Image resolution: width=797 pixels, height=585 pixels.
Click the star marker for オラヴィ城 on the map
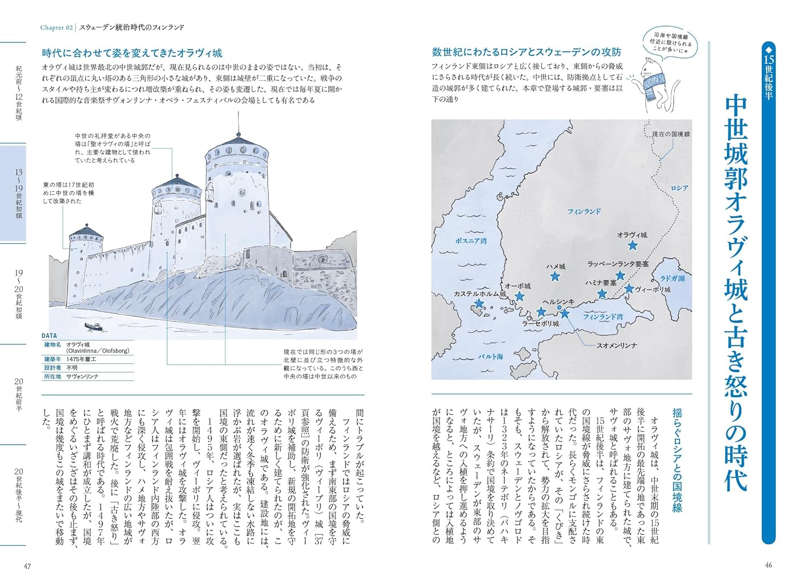pos(632,245)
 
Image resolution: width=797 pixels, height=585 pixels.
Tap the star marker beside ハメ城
pos(555,276)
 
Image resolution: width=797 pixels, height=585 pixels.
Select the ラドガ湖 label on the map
pos(672,278)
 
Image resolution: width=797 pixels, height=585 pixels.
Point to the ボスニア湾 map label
pos(471,241)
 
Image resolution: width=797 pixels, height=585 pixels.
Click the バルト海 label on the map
pos(490,357)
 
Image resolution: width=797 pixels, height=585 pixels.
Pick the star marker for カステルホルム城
pos(479,303)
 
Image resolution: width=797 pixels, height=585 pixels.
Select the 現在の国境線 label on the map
pos(671,134)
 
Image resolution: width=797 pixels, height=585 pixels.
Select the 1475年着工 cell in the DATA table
pos(81,359)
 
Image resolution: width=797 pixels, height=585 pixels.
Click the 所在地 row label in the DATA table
pos(53,376)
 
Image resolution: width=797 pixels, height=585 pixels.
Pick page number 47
pos(28,566)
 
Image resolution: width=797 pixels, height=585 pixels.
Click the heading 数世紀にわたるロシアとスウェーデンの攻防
pos(527,52)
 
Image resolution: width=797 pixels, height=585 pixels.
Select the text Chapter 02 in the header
pos(57,27)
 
